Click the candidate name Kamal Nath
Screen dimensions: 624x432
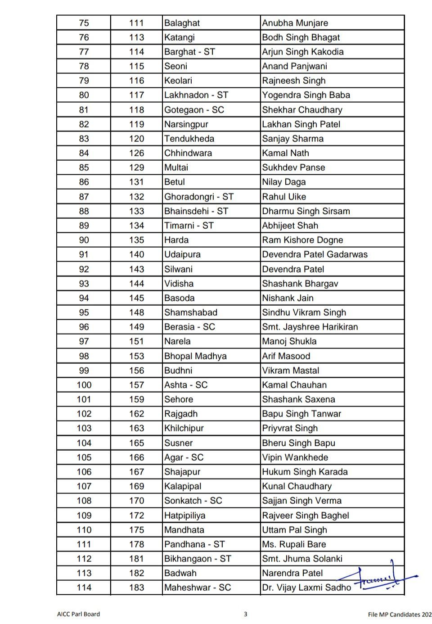285,153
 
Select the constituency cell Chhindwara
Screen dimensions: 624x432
188,153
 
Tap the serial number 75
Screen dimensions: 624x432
84,23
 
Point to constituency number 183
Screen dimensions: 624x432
136,588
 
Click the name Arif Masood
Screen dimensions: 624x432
286,356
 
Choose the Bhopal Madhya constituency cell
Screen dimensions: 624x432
195,356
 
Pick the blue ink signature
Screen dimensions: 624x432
378,578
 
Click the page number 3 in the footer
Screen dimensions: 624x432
245,614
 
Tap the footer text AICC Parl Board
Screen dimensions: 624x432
79,614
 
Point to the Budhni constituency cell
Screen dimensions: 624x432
178,371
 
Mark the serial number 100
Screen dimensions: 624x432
84,385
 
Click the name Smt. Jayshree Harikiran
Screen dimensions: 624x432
310,327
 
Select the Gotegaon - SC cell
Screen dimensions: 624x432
194,110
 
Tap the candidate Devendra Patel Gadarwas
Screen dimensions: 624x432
315,254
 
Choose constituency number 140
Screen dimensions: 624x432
136,254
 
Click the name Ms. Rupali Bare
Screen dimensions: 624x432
294,544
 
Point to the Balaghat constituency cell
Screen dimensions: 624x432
182,23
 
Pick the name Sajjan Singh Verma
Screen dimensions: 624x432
301,501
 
